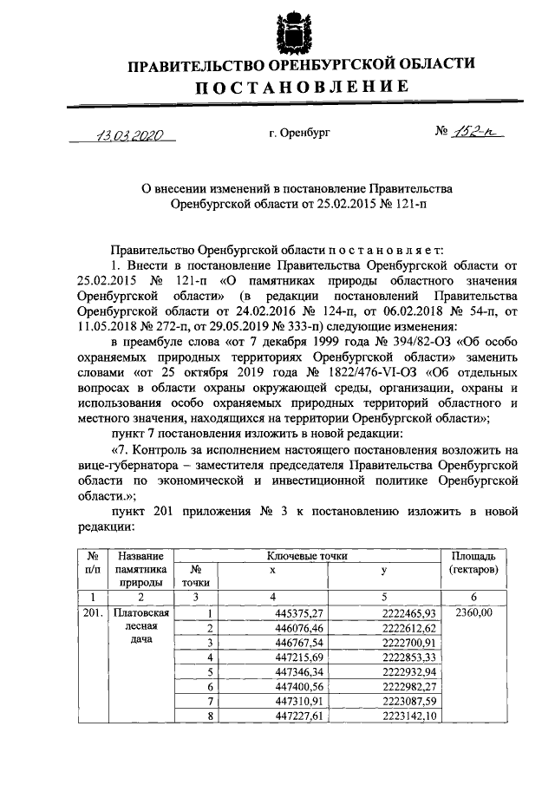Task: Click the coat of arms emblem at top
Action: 291,31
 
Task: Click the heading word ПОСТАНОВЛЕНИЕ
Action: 301,87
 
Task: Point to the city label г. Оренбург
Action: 299,134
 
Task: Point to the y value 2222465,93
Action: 412,613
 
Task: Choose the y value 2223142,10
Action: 412,716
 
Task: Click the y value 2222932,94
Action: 412,671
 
